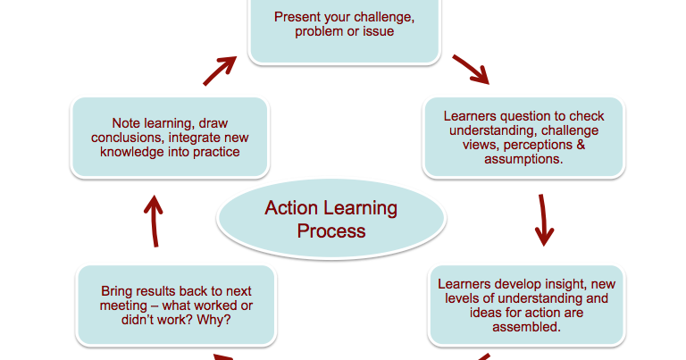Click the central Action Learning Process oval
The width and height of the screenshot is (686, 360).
click(330, 220)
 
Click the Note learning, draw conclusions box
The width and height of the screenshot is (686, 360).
click(169, 137)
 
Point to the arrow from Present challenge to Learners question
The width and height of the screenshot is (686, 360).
click(471, 69)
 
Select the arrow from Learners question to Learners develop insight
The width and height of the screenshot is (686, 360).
click(542, 219)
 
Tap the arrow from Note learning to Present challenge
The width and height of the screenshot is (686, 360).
click(220, 69)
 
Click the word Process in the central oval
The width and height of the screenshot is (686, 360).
click(331, 231)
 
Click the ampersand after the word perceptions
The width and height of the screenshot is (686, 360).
click(580, 145)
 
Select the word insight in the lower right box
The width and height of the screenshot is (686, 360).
click(569, 284)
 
